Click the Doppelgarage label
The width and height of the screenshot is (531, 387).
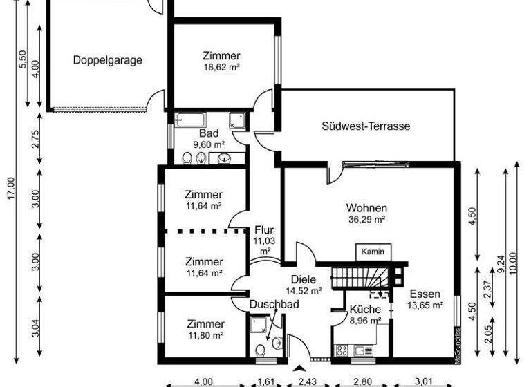click(108, 60)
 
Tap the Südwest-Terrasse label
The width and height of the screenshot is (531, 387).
click(366, 126)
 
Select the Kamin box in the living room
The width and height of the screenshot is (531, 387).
click(372, 252)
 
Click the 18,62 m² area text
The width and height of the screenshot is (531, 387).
click(221, 68)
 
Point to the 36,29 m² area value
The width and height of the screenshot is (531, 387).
click(366, 220)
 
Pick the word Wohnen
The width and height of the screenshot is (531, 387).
click(366, 208)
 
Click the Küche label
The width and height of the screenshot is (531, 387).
click(364, 309)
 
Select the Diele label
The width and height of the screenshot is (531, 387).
click(303, 279)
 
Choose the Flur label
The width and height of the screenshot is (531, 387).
click(265, 230)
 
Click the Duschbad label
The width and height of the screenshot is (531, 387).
click(274, 304)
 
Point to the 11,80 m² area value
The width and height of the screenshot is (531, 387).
click(205, 336)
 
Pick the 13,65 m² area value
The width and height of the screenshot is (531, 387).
click(424, 305)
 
